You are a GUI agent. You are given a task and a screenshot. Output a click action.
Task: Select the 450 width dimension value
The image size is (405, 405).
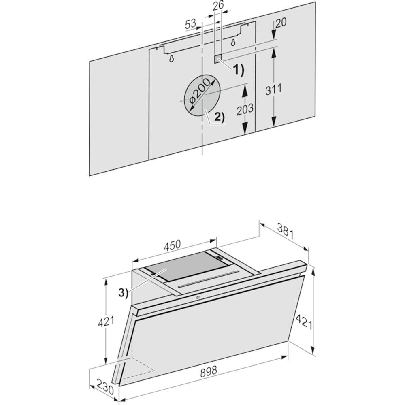click(x=172, y=245)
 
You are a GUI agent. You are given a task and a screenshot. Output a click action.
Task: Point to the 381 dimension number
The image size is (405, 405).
click(x=286, y=231)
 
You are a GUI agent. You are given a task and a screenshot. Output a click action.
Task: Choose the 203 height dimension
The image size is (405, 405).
click(x=245, y=109)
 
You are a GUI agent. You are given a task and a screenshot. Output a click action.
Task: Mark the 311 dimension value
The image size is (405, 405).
click(x=273, y=90)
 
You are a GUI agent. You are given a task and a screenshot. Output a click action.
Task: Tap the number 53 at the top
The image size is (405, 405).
click(x=191, y=24)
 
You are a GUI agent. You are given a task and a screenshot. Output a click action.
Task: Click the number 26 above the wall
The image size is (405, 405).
click(x=218, y=5)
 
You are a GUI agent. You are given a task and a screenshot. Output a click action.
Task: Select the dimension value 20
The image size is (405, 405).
click(x=281, y=22)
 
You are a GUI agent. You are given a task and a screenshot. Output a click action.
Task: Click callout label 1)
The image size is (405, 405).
click(x=239, y=70)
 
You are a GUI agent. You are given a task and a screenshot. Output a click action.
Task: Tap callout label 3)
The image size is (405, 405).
click(x=124, y=293)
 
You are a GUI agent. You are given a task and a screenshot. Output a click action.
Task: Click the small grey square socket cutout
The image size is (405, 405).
click(x=218, y=59)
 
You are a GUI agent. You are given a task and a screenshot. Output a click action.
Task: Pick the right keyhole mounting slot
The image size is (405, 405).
click(x=233, y=43)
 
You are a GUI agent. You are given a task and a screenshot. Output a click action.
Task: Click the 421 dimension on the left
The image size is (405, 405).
click(x=106, y=322)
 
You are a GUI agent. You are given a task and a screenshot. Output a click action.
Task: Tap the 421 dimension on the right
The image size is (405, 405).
click(x=304, y=321)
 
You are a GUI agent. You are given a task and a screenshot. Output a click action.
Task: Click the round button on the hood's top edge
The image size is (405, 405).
click(x=197, y=297)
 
